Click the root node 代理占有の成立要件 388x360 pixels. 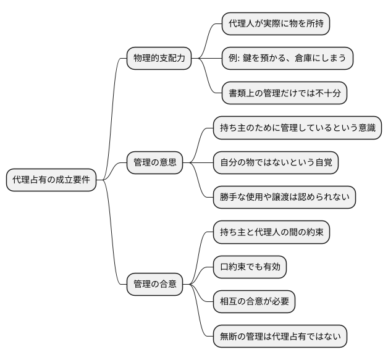51,180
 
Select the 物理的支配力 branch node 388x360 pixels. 159,59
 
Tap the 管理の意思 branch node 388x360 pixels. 155,163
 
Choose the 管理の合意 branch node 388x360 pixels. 155,284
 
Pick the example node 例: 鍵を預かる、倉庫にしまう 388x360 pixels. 287,59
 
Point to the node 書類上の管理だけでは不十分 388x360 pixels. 284,93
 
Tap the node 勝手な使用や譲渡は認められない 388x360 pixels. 284,198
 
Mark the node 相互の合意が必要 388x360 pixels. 254,302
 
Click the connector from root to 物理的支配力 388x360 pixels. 112,111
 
